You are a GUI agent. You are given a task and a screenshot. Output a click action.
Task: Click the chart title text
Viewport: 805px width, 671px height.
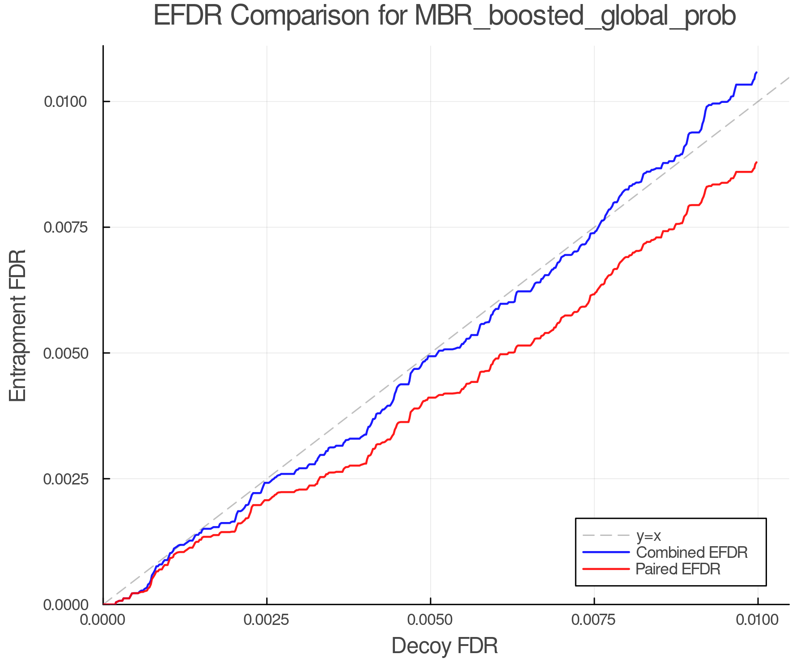coord(445,16)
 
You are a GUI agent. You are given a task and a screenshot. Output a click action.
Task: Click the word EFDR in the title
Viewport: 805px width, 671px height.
coord(187,16)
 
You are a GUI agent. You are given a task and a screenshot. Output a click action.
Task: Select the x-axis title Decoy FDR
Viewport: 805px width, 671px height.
coord(445,646)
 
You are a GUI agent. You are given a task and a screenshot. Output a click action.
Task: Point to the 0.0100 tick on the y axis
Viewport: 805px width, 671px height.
coord(65,102)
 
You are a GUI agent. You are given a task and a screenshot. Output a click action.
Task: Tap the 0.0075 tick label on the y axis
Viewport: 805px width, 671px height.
coord(65,227)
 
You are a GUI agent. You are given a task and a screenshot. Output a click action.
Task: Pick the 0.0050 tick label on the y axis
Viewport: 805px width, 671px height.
coord(65,353)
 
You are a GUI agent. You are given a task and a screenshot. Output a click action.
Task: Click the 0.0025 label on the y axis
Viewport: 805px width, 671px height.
coord(65,479)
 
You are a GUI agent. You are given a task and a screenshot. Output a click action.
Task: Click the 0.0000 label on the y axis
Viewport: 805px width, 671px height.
coord(65,605)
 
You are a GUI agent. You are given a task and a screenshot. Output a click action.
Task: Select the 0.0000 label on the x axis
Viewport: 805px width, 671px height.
coord(103,620)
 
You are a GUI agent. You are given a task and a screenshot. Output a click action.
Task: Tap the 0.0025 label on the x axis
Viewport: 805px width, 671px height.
coord(267,620)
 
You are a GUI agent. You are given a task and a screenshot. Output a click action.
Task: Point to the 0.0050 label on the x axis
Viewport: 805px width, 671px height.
coord(430,620)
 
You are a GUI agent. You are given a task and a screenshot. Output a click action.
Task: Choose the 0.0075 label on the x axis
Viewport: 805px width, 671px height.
coord(594,620)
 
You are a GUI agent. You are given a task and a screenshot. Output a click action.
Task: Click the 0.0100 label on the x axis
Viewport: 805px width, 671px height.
coord(757,620)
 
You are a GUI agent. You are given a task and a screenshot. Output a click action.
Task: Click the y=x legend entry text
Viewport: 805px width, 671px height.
coord(648,535)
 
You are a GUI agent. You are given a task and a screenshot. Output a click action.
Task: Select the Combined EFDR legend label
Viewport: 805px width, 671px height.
coord(691,552)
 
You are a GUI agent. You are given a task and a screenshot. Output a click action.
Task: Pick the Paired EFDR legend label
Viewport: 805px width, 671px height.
coord(678,569)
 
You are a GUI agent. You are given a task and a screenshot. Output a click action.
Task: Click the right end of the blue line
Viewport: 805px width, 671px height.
coord(756,72)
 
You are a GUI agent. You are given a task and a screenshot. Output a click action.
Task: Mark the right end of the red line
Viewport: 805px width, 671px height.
coord(756,162)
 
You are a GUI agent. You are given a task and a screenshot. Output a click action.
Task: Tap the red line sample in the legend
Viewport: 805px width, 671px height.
coord(606,569)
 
